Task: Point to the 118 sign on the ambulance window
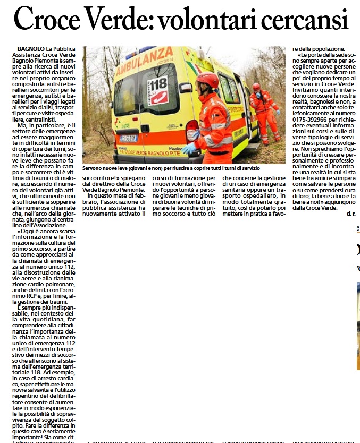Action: pos(157,83)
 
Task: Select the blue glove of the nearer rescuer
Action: pos(188,149)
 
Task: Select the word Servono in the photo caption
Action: pos(94,168)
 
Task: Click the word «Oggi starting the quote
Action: pos(26,232)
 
